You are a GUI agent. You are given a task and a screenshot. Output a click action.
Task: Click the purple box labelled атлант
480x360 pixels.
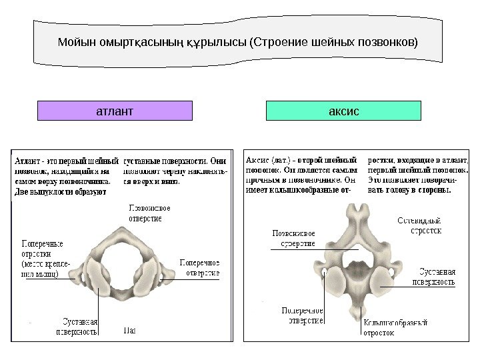115,110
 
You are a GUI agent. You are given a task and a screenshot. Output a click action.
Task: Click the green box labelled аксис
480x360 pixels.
343,110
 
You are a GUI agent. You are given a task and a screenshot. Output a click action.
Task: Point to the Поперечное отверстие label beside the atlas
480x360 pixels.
199,267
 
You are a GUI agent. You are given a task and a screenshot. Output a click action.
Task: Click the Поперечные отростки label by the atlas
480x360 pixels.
43,258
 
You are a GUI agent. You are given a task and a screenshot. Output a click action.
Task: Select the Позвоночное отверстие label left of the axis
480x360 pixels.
293,238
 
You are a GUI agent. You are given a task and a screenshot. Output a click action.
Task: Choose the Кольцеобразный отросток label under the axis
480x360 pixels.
395,327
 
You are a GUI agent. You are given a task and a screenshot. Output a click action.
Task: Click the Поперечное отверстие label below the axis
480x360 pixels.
303,315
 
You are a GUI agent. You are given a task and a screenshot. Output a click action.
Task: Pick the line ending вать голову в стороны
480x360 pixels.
409,189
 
